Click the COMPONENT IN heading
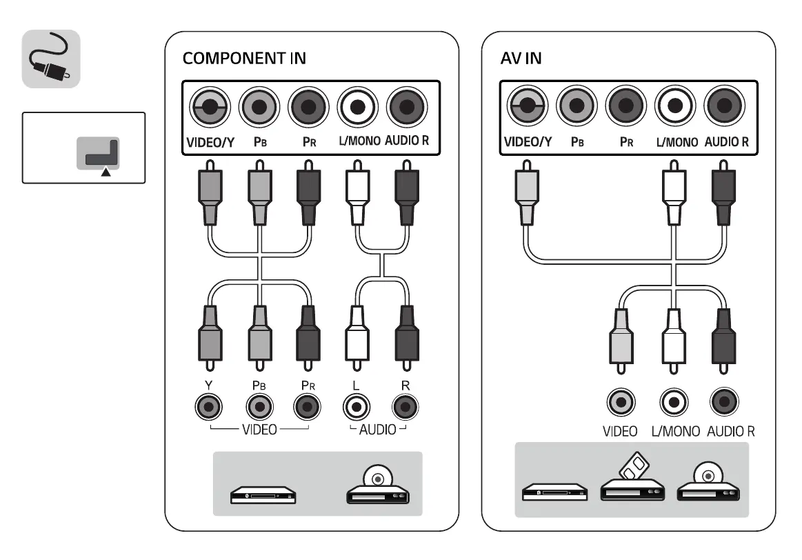(244, 59)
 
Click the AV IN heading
(521, 59)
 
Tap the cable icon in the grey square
(51, 59)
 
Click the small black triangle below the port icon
(106, 173)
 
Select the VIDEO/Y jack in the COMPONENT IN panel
(210, 107)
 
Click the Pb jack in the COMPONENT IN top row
(259, 107)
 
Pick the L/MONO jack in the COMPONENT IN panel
(356, 107)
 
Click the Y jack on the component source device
(207, 408)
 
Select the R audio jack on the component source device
(405, 408)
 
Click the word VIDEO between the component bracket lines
(259, 430)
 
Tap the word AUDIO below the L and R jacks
(377, 430)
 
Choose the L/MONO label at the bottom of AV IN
(675, 432)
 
